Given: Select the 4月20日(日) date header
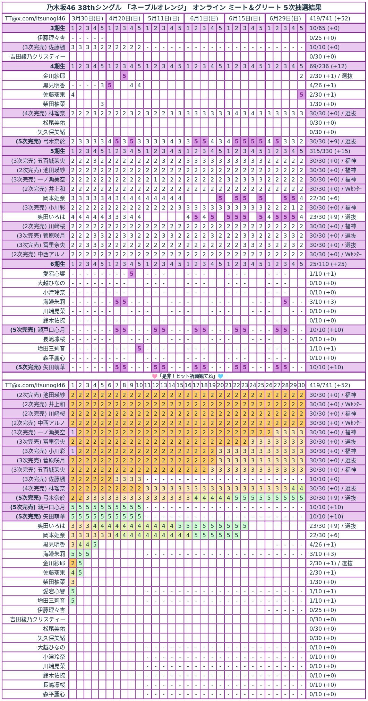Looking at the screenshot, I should [124, 18].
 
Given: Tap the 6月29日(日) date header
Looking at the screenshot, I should [285, 18].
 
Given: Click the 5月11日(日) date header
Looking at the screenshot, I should [163, 18].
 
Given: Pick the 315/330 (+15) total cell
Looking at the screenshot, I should [330, 151].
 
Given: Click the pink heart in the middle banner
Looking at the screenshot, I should [155, 376].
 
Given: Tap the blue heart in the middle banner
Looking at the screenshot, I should [220, 376].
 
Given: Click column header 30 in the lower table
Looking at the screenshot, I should [301, 385].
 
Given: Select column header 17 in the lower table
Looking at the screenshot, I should [196, 385].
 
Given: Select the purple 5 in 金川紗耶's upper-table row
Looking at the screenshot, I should [124, 76].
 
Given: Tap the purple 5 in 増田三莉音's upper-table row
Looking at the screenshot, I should [139, 348].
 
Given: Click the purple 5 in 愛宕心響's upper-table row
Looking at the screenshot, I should [131, 274].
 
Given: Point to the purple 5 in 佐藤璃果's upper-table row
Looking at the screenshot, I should [301, 95].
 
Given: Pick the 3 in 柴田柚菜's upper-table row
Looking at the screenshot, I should [102, 104].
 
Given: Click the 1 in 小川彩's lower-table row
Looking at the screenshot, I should [73, 451].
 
